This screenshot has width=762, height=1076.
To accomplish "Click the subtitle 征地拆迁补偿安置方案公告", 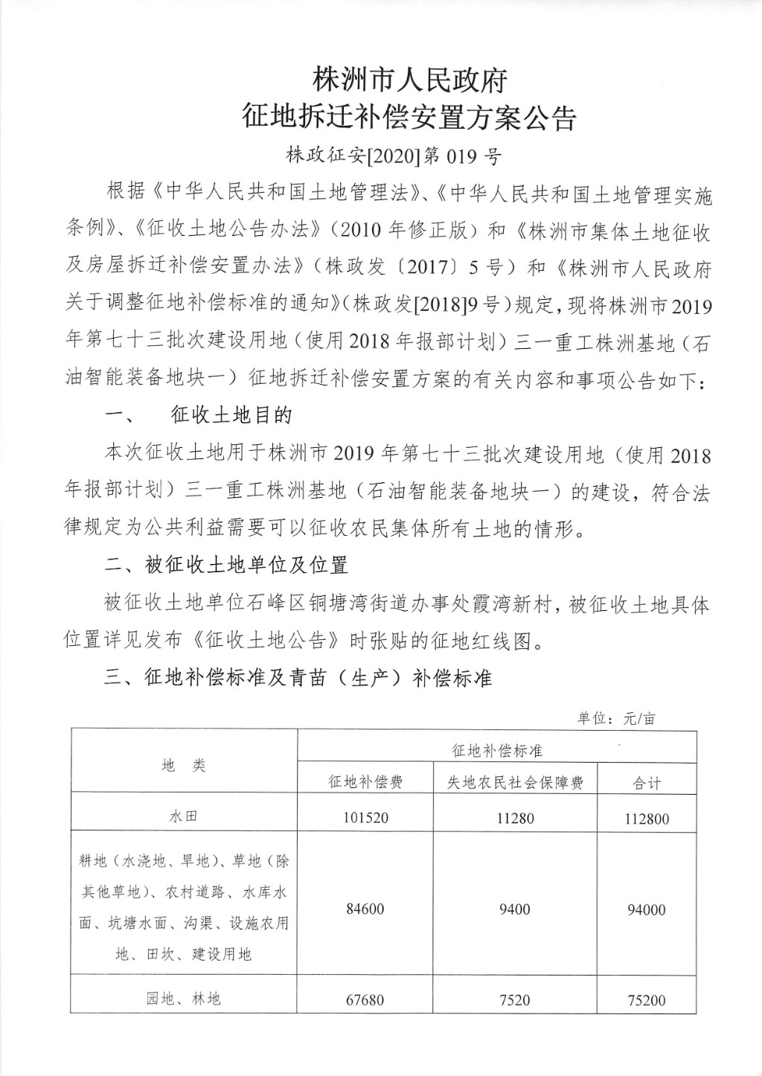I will [410, 118].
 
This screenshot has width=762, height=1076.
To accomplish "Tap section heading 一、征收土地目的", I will [198, 415].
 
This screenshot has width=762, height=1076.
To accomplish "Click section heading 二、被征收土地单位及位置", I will [226, 566].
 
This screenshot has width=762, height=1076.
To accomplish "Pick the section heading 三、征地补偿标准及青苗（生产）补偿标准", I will [298, 678].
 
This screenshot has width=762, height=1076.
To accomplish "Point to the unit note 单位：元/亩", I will [617, 719].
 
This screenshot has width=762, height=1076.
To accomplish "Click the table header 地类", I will [184, 766].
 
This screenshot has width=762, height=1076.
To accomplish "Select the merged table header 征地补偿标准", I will [497, 750].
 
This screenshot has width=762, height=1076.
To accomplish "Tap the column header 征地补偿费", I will [365, 782].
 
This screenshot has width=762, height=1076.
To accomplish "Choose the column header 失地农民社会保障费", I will [515, 782].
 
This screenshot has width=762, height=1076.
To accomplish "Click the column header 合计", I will [647, 783].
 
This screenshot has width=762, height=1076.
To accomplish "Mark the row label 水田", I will [184, 816].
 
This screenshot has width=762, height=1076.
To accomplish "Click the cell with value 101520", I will [365, 818].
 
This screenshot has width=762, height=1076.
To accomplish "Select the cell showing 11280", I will [515, 818].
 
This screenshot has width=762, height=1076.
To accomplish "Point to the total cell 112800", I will [647, 819].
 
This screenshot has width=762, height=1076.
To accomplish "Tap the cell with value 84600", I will [365, 909].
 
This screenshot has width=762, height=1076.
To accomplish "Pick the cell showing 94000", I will [647, 909].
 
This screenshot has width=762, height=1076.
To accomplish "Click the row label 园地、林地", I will [184, 999].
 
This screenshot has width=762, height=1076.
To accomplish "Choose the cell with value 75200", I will [647, 1000].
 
